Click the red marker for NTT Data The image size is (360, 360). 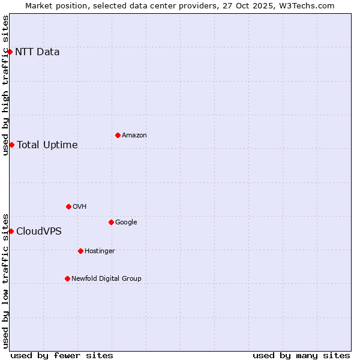tap(10, 52)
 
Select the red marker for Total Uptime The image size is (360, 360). tap(11, 145)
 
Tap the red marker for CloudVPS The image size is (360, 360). tap(11, 231)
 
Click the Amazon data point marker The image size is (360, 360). tap(118, 135)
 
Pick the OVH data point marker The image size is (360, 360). tap(68, 206)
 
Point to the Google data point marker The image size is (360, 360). tap(111, 222)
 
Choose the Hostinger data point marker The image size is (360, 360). tap(80, 251)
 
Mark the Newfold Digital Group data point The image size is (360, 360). tap(67, 278)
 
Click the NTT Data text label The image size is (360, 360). tap(37, 52)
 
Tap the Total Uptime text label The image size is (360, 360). tap(47, 145)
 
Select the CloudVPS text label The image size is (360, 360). tap(39, 231)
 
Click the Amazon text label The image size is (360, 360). tap(134, 136)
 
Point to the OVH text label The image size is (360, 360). tap(80, 207)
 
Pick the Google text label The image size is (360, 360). tap(126, 223)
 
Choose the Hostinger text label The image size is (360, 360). tap(100, 251)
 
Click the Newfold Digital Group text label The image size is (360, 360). tap(107, 278)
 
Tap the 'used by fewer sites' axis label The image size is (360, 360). tap(62, 355)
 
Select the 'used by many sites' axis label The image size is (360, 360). tap(301, 355)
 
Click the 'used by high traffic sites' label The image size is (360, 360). tap(6, 85)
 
